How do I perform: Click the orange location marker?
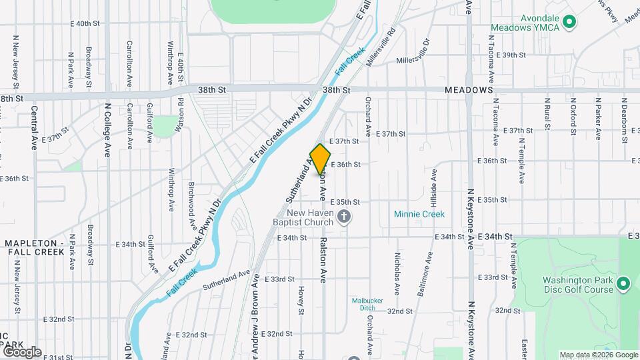[x=321, y=159]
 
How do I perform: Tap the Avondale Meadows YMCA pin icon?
[x=569, y=23]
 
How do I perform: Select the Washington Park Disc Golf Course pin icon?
[x=624, y=285]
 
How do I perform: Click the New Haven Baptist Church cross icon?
[x=344, y=216]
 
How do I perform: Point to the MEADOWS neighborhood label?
[x=469, y=90]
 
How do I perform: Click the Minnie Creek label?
[x=419, y=215]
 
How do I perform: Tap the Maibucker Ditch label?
[x=367, y=304]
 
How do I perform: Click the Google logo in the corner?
[x=21, y=351]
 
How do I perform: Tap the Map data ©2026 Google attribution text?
[x=598, y=355]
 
